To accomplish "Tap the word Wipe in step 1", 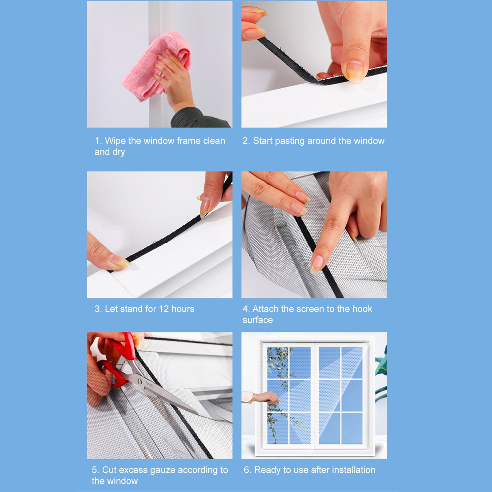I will pyautogui.click(x=115, y=141).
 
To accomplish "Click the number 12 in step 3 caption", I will pyautogui.click(x=164, y=309).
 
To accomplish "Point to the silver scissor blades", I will pyautogui.click(x=172, y=396).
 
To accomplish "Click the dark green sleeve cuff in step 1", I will pyautogui.click(x=197, y=118).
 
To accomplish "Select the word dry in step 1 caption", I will pyautogui.click(x=118, y=152).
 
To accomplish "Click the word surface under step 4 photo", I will pyautogui.click(x=258, y=320).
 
